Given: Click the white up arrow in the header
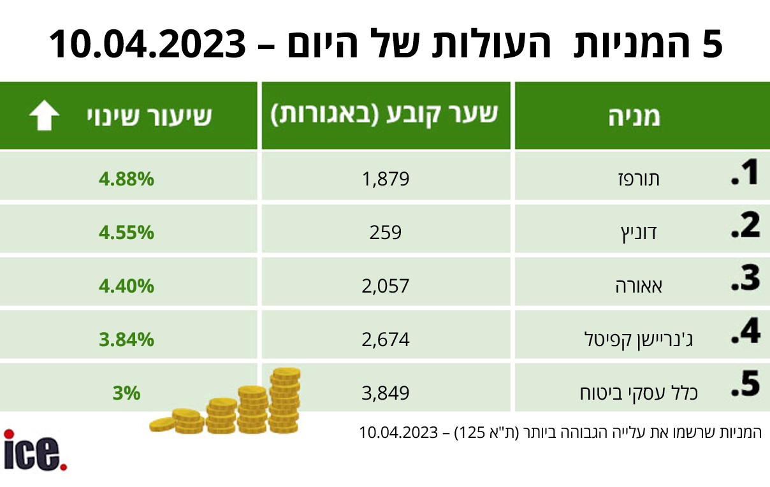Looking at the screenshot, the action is tap(44, 115).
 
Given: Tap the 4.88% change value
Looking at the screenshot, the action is tap(126, 179).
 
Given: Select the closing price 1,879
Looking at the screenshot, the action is tap(386, 179).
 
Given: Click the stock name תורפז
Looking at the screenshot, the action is tap(639, 179).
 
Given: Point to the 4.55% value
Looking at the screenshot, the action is tap(126, 232).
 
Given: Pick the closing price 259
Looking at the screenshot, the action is tap(386, 232).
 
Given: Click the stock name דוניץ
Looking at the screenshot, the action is tap(639, 233).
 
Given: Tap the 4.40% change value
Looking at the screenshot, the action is tap(126, 286).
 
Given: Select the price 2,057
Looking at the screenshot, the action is tap(386, 286).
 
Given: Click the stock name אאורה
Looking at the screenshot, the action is tap(639, 286).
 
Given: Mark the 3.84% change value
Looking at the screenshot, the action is tap(126, 340).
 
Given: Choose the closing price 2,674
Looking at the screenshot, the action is tap(386, 340).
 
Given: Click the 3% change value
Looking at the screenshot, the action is tap(126, 393).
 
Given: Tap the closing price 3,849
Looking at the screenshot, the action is tap(386, 393).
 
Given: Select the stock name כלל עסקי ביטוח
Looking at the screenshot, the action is tap(639, 393).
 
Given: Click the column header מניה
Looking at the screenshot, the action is tap(635, 117).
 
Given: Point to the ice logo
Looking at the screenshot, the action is tap(35, 450).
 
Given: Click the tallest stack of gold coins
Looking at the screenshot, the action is tap(285, 400).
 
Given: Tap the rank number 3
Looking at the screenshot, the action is tap(746, 278).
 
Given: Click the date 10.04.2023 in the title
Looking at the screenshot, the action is tap(147, 45).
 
